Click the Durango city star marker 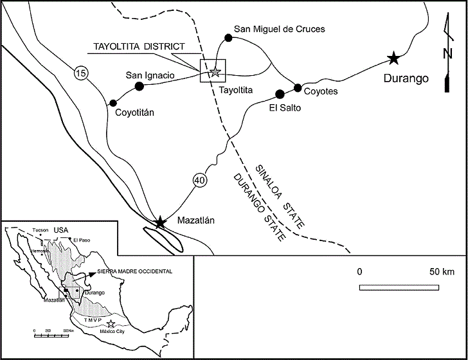[393, 59]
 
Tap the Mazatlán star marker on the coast [160, 222]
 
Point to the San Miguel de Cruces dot [228, 39]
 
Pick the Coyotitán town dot [113, 102]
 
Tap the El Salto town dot [280, 94]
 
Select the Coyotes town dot [298, 87]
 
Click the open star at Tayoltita [214, 72]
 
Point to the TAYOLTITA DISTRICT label [139, 47]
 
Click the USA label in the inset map [61, 230]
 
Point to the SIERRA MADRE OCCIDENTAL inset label [135, 272]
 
